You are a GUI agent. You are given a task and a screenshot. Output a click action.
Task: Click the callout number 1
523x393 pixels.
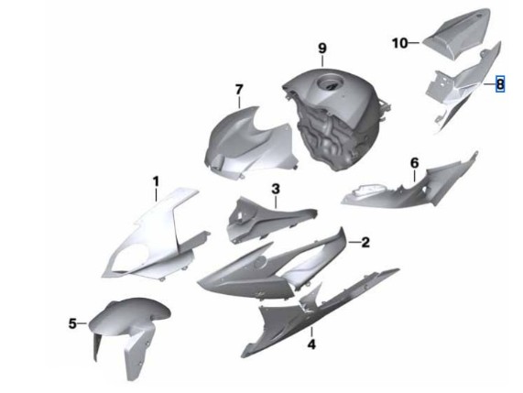point(156,182)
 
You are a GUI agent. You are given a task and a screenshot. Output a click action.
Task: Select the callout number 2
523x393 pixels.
point(365,243)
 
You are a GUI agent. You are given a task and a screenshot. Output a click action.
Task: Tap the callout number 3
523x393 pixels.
point(276,189)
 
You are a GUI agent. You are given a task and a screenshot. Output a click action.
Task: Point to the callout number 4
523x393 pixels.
point(311,344)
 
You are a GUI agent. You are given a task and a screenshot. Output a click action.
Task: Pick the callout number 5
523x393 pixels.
point(72,323)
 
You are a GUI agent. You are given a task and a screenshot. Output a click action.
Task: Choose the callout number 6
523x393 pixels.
point(414,163)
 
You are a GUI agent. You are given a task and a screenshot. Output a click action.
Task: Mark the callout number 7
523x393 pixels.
point(239,90)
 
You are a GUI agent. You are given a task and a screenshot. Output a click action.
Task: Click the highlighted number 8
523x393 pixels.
point(500,83)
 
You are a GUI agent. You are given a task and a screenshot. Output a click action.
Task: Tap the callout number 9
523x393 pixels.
point(321,49)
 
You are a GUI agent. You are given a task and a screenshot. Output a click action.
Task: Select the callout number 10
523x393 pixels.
point(399,43)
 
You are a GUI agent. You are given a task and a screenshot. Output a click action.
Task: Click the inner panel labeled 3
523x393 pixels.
point(264,219)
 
